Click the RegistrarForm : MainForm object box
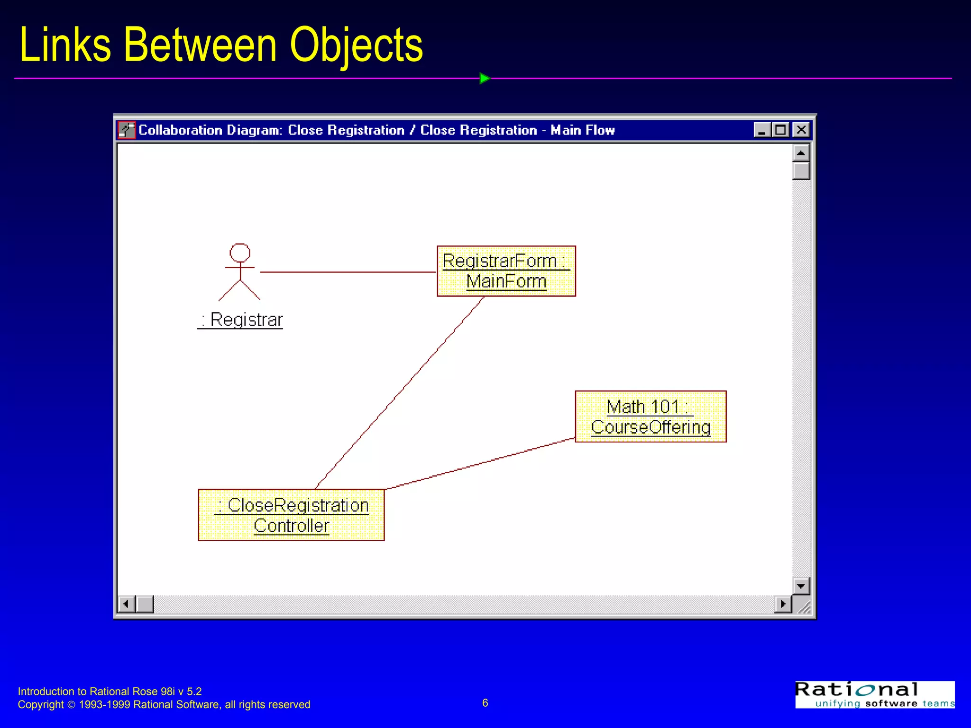pos(506,271)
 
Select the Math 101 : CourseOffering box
pos(650,417)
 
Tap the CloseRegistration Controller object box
pos(291,515)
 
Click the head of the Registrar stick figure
pos(240,253)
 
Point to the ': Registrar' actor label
pos(241,320)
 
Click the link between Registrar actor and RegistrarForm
pos(348,272)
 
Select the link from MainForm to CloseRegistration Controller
pos(399,393)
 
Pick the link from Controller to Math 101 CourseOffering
pos(480,464)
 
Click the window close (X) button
pos(801,129)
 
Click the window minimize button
pos(761,129)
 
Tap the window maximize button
pos(780,129)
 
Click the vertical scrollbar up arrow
pos(801,153)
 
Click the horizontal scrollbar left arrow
pos(126,604)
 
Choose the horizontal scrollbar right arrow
pos(783,604)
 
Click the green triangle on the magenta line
pos(484,78)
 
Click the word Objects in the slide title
pos(356,45)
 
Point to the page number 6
pos(485,703)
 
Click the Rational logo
pos(874,695)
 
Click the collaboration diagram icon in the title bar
pos(127,130)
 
